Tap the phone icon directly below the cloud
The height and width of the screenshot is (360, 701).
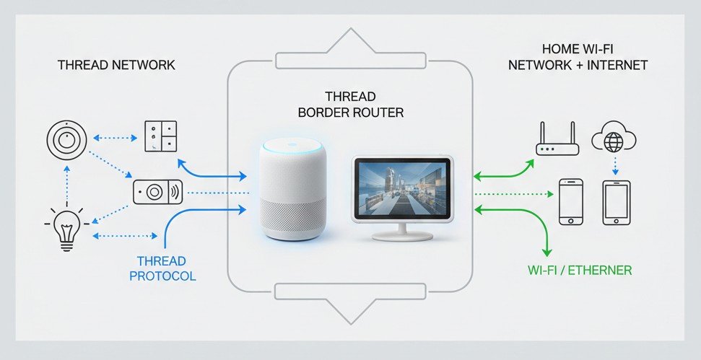(x=617, y=203)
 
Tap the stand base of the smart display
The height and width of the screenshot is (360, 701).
(x=400, y=237)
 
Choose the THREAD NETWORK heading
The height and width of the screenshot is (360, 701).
(x=116, y=65)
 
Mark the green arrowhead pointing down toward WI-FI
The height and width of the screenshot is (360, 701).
(x=547, y=252)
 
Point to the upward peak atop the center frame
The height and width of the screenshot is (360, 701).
(x=350, y=32)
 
